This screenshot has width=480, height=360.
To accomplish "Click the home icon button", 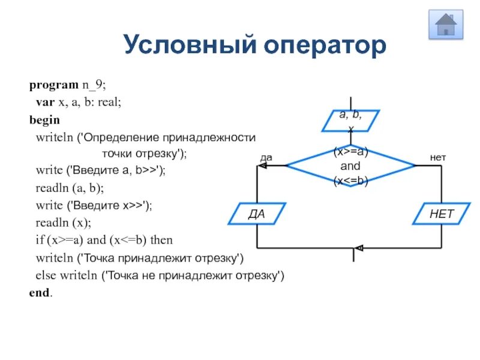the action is (446, 25).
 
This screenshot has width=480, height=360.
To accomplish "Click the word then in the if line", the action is (161, 240).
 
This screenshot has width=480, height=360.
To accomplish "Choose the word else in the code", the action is (45, 275).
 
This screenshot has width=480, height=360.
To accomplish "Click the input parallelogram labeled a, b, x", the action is (351, 120).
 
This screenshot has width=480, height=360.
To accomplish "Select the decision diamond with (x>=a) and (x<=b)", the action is (350, 165).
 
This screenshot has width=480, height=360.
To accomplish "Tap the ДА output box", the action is (257, 214).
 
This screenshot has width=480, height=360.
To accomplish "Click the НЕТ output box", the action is (441, 214).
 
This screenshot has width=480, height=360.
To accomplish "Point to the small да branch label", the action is (266, 158).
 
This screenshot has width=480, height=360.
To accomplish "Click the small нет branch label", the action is (438, 157).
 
